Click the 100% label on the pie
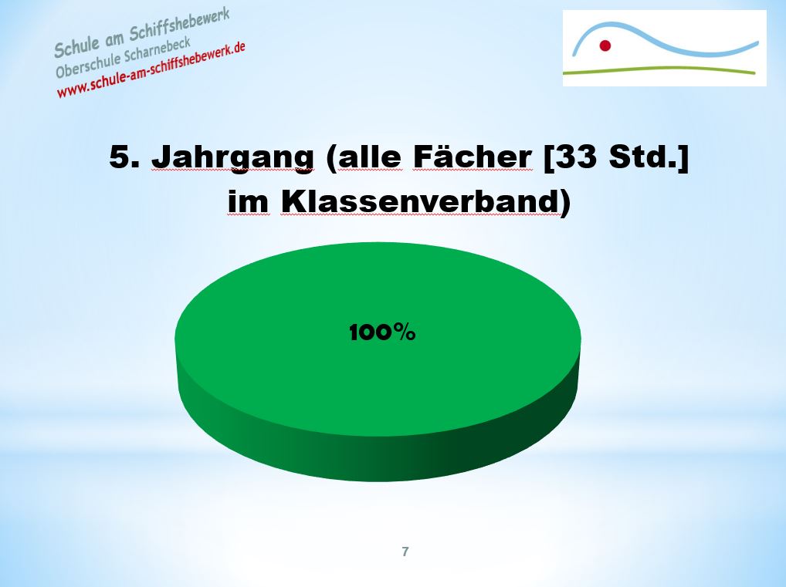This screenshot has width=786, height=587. pyautogui.click(x=382, y=332)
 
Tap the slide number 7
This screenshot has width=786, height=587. pyautogui.click(x=405, y=552)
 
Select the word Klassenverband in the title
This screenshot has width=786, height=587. pyautogui.click(x=419, y=201)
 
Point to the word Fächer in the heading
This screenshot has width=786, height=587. pyautogui.click(x=473, y=156)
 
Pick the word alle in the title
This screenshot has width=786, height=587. pyautogui.click(x=370, y=157)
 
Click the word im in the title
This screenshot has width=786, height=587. pyautogui.click(x=249, y=202)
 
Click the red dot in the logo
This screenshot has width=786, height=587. pyautogui.click(x=605, y=46)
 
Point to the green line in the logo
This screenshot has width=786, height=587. pyautogui.click(x=659, y=69)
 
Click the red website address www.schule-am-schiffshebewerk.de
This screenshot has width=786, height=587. pyautogui.click(x=151, y=70)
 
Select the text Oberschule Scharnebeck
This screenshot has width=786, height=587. pyautogui.click(x=124, y=58)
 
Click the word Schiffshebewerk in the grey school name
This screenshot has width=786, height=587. pyautogui.click(x=179, y=24)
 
